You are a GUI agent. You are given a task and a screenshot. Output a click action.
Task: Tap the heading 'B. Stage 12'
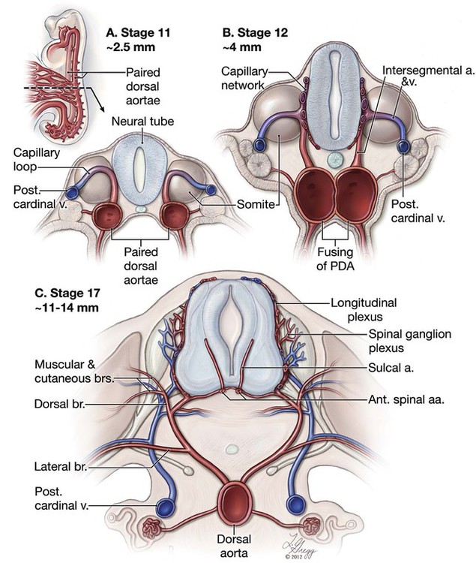tap(254, 33)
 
